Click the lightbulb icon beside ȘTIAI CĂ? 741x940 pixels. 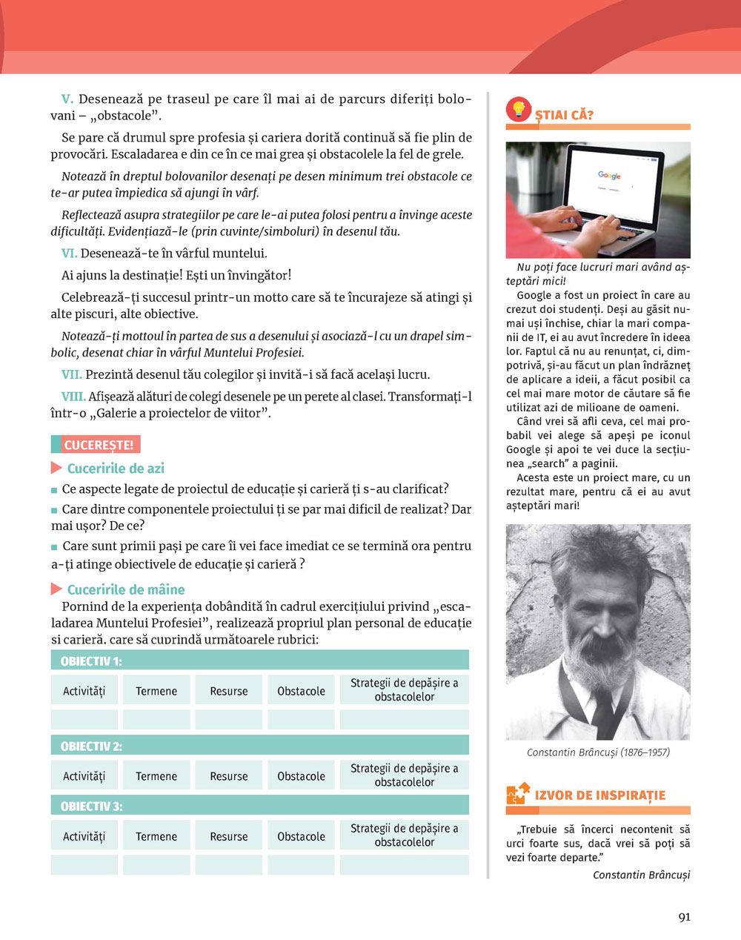coord(518,110)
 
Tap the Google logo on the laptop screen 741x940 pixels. coord(609,176)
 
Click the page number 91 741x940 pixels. coord(684,917)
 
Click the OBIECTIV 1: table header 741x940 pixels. coord(91,661)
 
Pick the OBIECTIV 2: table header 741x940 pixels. coord(91,747)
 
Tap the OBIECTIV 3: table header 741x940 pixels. coord(91,807)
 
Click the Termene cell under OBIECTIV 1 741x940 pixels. coord(156,691)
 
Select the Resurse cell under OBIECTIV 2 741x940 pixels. coord(229,776)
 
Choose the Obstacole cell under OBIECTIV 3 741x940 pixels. coord(301,836)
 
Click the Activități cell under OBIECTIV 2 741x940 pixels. coord(84,776)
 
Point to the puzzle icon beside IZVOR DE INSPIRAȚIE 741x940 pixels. coord(517,794)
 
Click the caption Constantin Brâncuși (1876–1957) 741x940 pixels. coord(598,752)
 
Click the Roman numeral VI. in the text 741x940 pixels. coord(69,254)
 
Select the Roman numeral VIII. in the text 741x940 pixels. coord(73,397)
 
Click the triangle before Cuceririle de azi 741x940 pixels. coord(56,468)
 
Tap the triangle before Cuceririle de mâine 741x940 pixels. coord(56,589)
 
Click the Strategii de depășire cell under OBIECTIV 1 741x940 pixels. coord(404,689)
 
